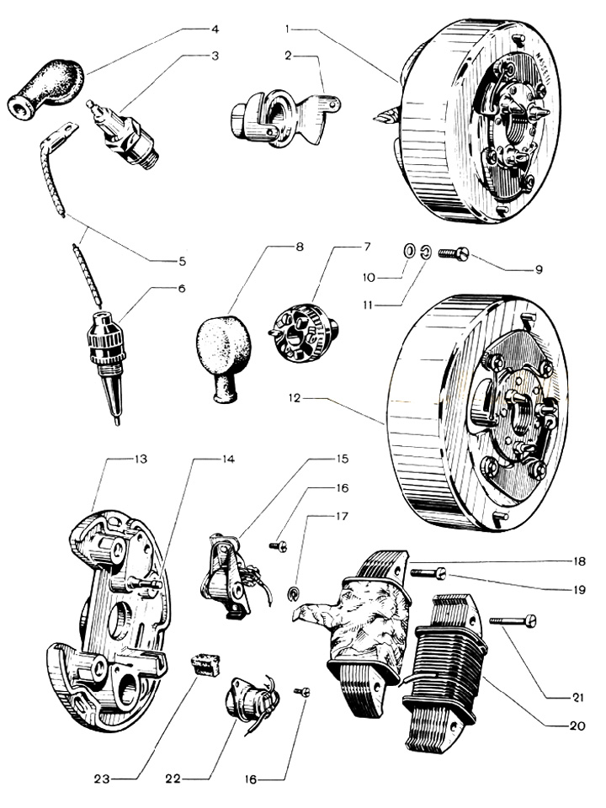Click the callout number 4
(x=215, y=29)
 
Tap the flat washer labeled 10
(x=408, y=251)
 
